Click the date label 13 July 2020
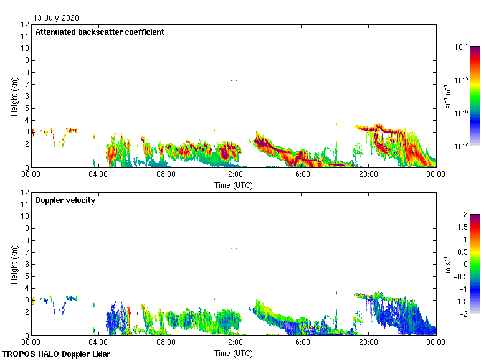click(x=56, y=17)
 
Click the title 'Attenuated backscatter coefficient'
click(x=100, y=32)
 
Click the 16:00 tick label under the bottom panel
click(x=300, y=343)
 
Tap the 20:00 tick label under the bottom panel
click(x=368, y=343)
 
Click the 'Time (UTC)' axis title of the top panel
click(x=233, y=185)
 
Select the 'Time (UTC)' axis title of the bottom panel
click(x=233, y=353)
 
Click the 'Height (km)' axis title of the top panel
click(x=14, y=96)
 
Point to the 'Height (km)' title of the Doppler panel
click(x=14, y=265)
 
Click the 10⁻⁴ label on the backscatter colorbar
click(x=462, y=47)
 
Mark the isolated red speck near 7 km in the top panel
click(x=231, y=80)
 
